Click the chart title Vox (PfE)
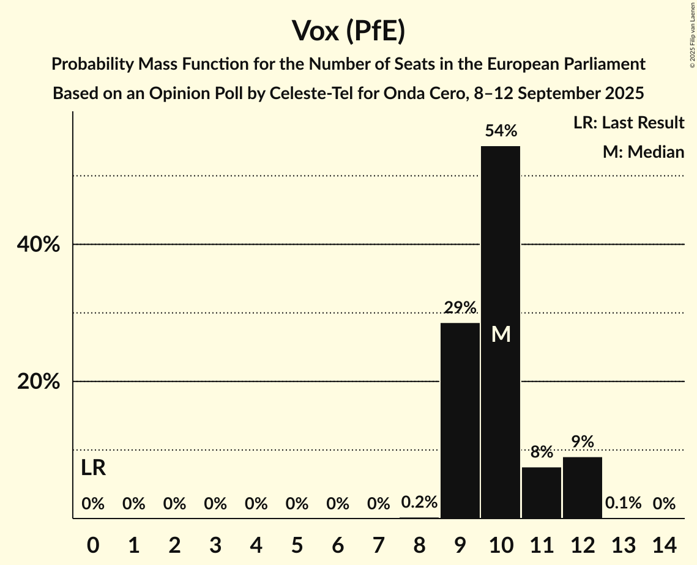tap(348, 31)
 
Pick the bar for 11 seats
tap(542, 492)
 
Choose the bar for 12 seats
tap(583, 487)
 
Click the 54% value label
tap(501, 130)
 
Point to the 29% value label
tap(460, 308)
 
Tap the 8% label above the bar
tap(542, 452)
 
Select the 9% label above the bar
tap(583, 441)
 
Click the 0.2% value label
tap(419, 503)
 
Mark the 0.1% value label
tap(624, 503)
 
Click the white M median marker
tap(501, 334)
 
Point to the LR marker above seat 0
tap(93, 468)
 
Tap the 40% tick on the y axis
tap(38, 245)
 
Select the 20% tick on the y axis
tap(38, 382)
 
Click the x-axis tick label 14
tap(664, 544)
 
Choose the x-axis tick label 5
tap(297, 544)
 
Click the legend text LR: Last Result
tap(628, 123)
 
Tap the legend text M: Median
tap(643, 152)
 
